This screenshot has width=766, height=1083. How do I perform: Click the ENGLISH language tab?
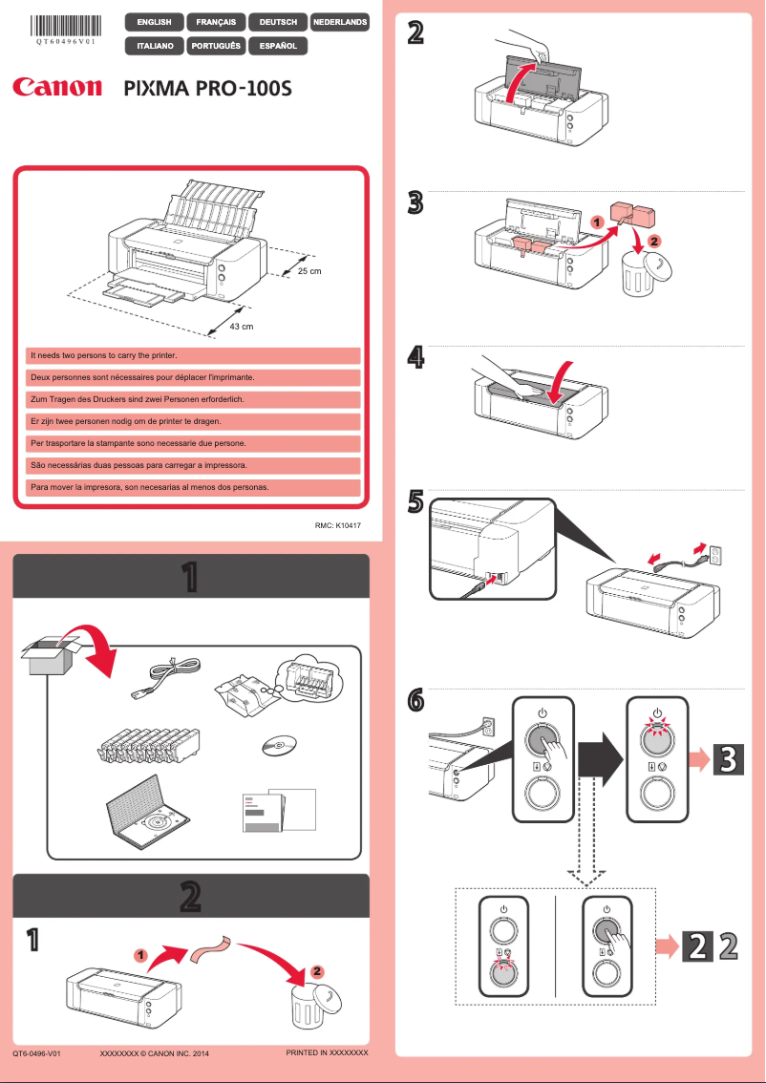tap(154, 22)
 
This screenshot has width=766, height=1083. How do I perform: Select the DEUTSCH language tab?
tap(277, 22)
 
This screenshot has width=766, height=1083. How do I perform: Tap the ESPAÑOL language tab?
tap(277, 45)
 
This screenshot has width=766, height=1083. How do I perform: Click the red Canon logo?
tap(57, 88)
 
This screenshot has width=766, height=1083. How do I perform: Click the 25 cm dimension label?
tap(309, 272)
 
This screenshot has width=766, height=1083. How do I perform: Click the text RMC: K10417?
tap(337, 526)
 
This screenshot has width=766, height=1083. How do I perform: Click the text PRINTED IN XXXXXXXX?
tap(327, 1052)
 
